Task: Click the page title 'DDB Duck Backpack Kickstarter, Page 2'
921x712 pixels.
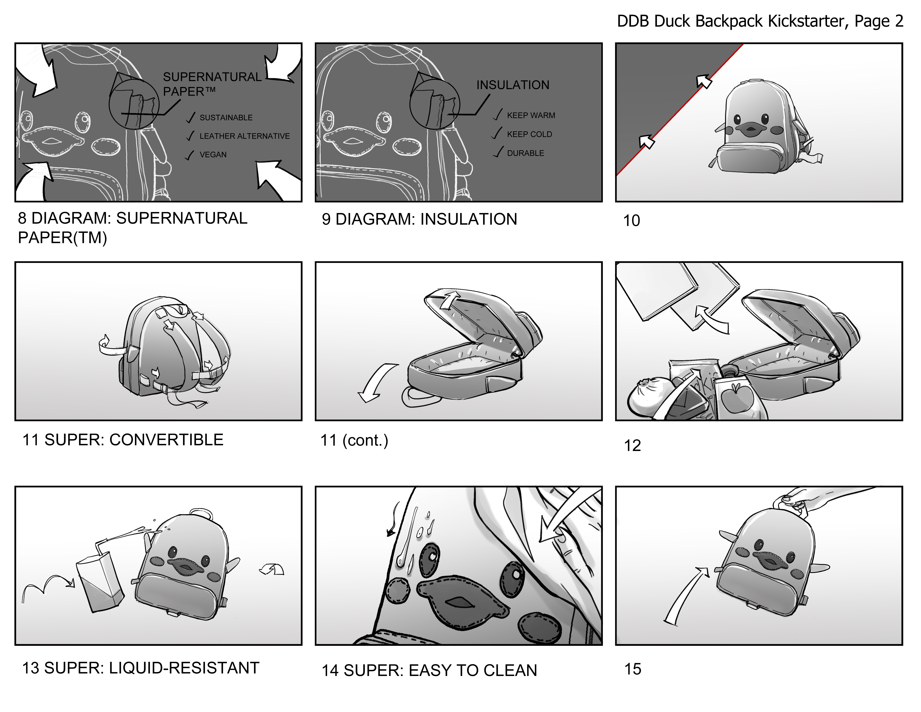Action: coord(760,21)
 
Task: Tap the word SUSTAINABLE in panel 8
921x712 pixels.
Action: coord(226,118)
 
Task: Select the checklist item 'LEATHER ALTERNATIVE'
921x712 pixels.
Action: coord(245,136)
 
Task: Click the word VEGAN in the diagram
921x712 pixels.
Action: coord(213,155)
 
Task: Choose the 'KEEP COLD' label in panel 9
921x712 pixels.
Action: coord(529,134)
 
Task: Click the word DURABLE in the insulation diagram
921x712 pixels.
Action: coord(525,153)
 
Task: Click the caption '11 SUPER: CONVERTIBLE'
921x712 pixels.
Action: coord(123,440)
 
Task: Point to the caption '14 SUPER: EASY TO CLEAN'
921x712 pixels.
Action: coord(429,671)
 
